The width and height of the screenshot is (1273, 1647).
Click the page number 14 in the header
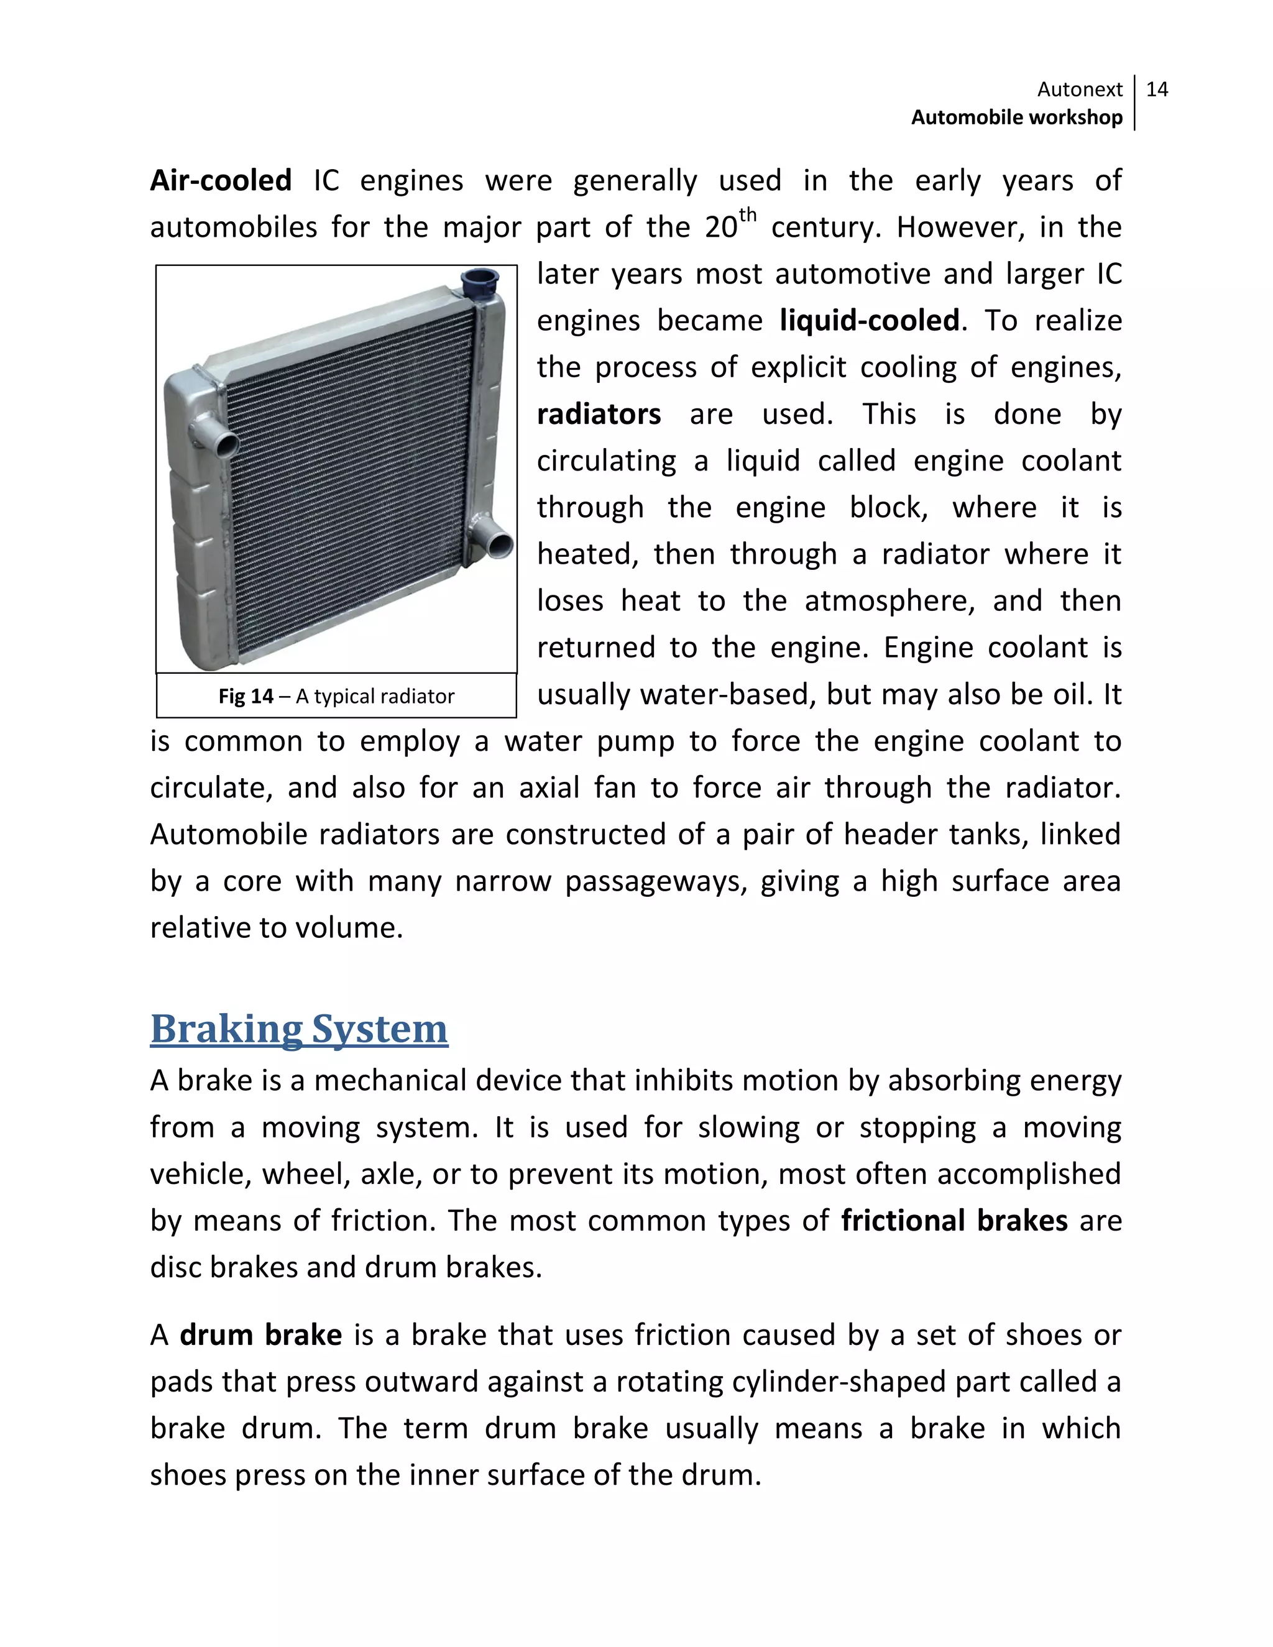click(x=1156, y=89)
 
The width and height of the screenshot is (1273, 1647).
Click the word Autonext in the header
click(x=1079, y=89)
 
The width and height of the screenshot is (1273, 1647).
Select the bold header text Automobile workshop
click(x=1016, y=117)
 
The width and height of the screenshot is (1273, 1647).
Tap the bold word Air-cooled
click(x=220, y=181)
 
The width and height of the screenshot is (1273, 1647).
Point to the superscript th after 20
click(x=747, y=215)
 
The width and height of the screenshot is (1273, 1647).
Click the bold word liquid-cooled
click(x=869, y=321)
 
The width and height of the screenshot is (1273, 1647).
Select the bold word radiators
click(x=599, y=414)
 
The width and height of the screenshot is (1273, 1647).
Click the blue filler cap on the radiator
click(x=480, y=283)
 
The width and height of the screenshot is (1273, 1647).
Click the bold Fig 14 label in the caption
click(x=246, y=696)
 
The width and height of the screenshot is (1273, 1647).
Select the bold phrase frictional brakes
click(x=954, y=1220)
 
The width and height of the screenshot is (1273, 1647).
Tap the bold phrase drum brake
click(x=260, y=1335)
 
